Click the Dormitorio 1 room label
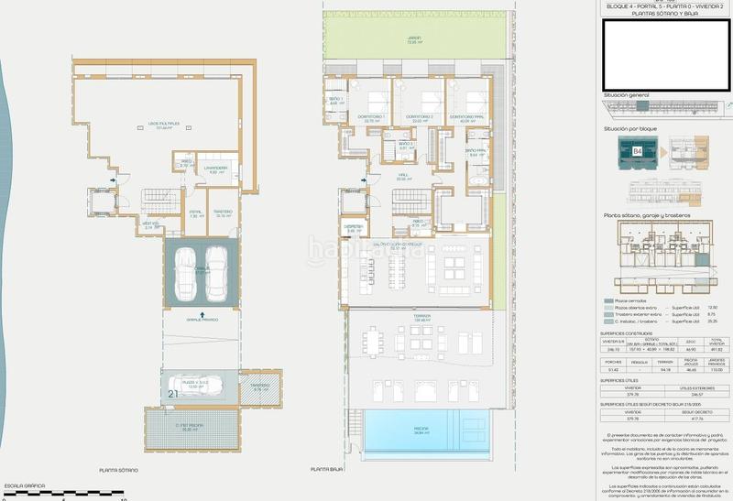372,117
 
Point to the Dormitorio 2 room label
421,117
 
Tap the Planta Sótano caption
119,469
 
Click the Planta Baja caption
326,469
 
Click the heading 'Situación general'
627,95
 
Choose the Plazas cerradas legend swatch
608,299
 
